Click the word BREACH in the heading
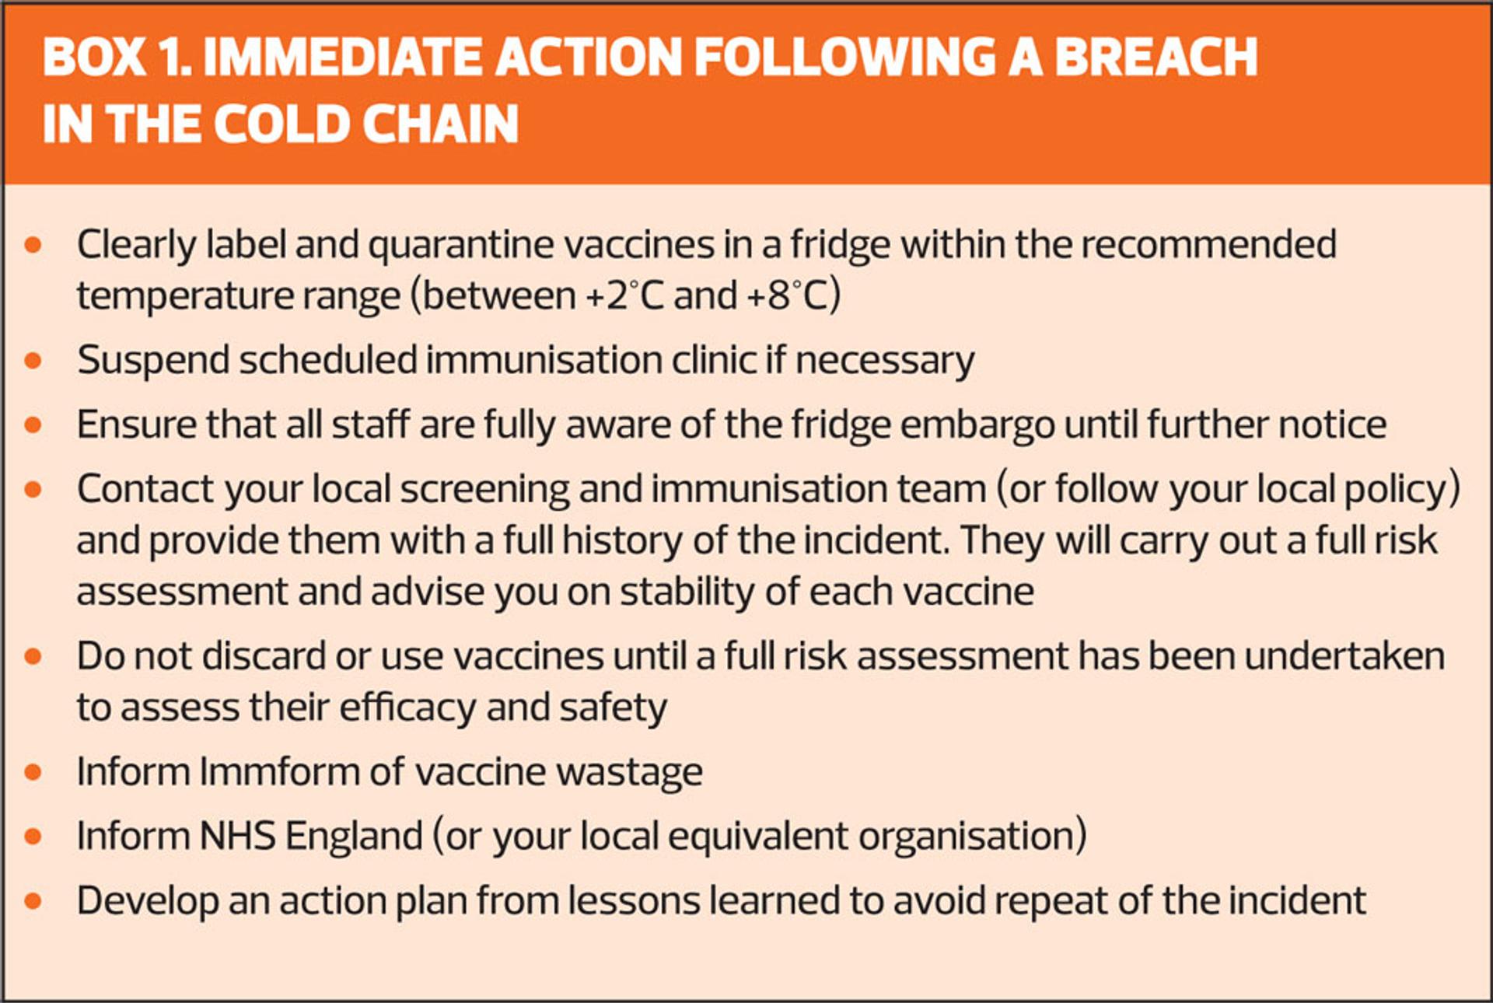coord(1155,57)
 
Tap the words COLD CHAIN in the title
coord(366,124)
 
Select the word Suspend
coord(153,361)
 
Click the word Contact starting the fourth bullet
coord(145,490)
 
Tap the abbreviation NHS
coord(237,837)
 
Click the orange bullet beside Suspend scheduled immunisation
coord(33,361)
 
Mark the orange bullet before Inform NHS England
coord(33,837)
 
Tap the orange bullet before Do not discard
coord(33,657)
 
